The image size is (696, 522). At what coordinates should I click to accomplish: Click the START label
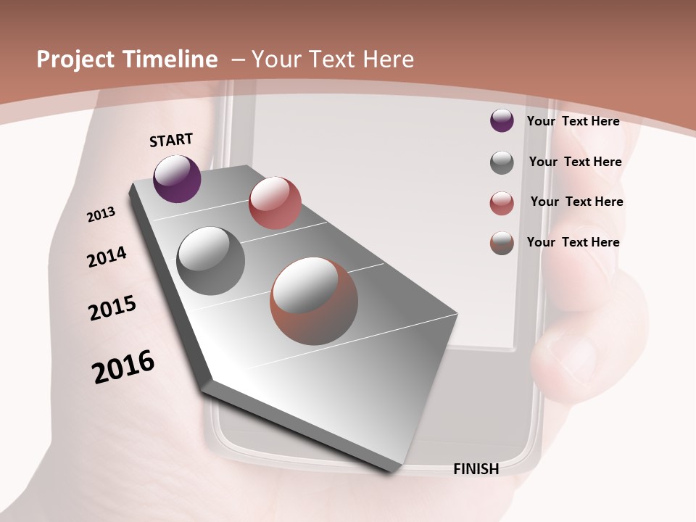pyautogui.click(x=171, y=140)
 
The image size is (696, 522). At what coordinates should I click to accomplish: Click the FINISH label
pyautogui.click(x=476, y=469)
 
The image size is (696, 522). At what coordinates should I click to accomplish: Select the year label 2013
pyautogui.click(x=101, y=215)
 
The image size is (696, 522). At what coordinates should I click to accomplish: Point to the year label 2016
pyautogui.click(x=123, y=367)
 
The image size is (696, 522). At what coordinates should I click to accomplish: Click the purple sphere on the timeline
pyautogui.click(x=177, y=178)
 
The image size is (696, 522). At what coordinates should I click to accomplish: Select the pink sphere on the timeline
pyautogui.click(x=275, y=202)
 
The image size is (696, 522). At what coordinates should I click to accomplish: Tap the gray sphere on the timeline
pyautogui.click(x=210, y=261)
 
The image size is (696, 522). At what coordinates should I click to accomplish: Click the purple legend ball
pyautogui.click(x=502, y=120)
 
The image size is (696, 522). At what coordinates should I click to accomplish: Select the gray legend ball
pyautogui.click(x=502, y=162)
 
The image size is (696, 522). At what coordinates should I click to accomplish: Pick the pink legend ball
pyautogui.click(x=502, y=203)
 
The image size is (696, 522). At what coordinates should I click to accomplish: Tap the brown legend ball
pyautogui.click(x=502, y=243)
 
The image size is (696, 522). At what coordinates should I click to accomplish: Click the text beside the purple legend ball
pyautogui.click(x=573, y=121)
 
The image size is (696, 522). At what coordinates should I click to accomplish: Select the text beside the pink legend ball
pyautogui.click(x=576, y=202)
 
